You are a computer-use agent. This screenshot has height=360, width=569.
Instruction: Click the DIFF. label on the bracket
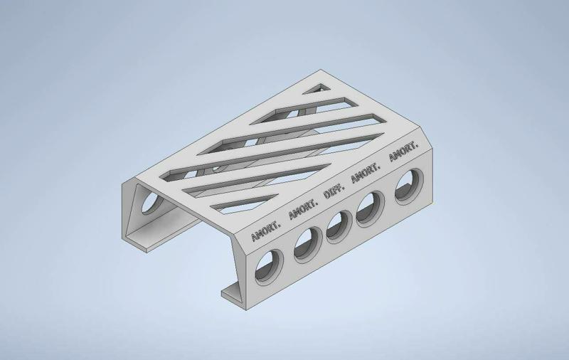coord(334,192)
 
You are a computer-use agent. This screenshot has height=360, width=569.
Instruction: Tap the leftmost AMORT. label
coord(265,230)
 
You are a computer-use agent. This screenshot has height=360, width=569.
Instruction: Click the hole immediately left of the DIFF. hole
coord(307,244)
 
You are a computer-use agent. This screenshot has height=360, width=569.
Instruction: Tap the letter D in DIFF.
coord(326,196)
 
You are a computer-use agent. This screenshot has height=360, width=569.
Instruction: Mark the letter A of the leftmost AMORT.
coord(252,237)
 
